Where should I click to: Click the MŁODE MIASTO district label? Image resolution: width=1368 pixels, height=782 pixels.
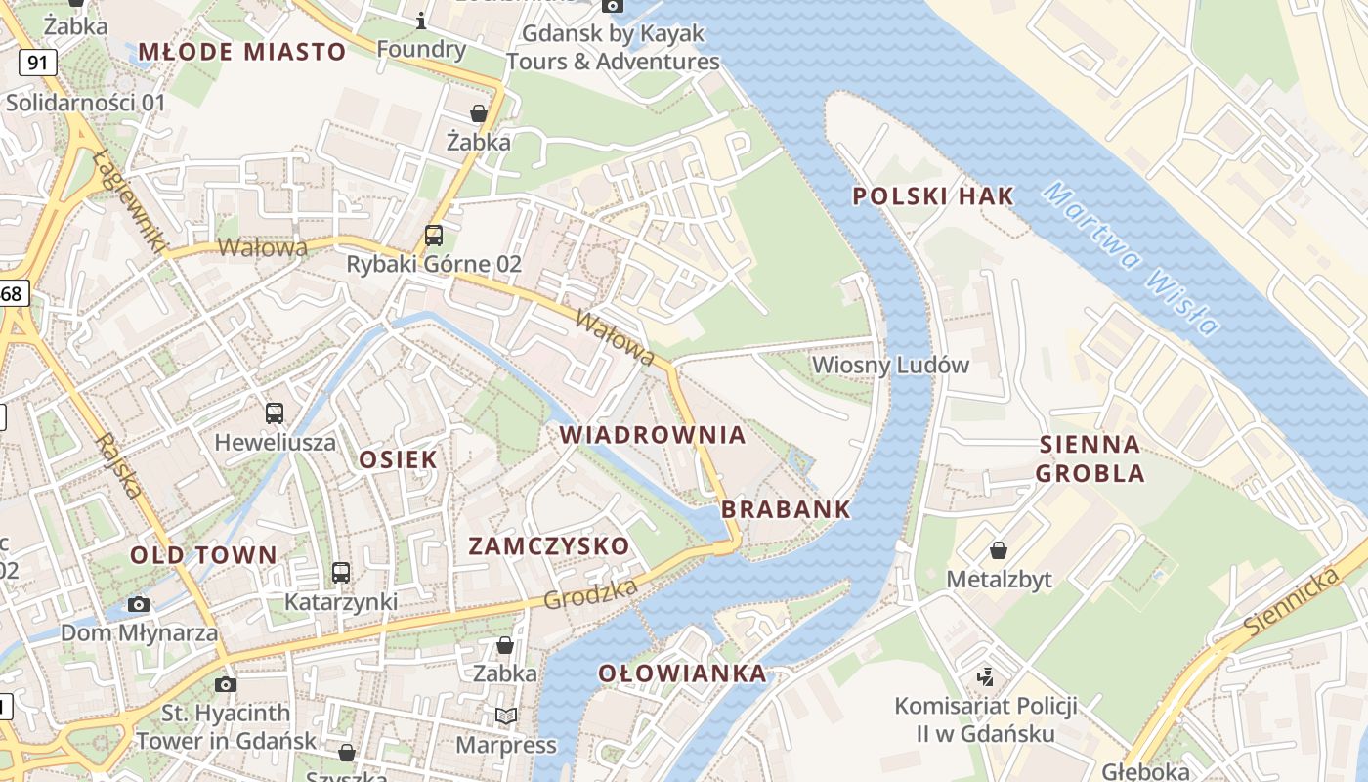pos(242,52)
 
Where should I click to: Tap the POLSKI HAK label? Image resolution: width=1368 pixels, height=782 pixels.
pos(933,196)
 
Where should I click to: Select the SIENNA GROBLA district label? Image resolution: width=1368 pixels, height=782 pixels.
pos(1090,459)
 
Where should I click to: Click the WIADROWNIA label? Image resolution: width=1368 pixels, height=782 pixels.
pos(653,435)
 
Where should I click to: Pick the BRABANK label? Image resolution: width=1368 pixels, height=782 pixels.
pos(786,509)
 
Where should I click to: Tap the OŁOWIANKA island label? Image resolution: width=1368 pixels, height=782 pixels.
pos(682,673)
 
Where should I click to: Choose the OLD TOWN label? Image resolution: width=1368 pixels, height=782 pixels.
pos(204,555)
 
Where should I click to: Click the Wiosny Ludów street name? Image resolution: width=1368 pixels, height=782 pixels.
pos(890,366)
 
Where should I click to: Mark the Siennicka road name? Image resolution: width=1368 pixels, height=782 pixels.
pos(1292,600)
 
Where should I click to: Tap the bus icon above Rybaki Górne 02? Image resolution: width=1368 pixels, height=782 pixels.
pos(434,236)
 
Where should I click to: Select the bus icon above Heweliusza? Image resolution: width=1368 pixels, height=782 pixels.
pos(275,413)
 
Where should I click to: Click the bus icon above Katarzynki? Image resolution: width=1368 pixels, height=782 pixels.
pos(341,573)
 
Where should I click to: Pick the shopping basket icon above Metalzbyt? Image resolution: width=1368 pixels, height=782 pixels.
pos(999,550)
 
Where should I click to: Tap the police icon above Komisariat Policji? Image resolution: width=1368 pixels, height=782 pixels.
pos(985,675)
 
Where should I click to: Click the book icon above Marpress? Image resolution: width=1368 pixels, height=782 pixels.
pos(505,717)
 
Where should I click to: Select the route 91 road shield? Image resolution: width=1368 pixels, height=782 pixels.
pos(37,64)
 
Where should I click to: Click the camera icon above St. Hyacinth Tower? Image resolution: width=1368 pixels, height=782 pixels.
pos(226,684)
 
